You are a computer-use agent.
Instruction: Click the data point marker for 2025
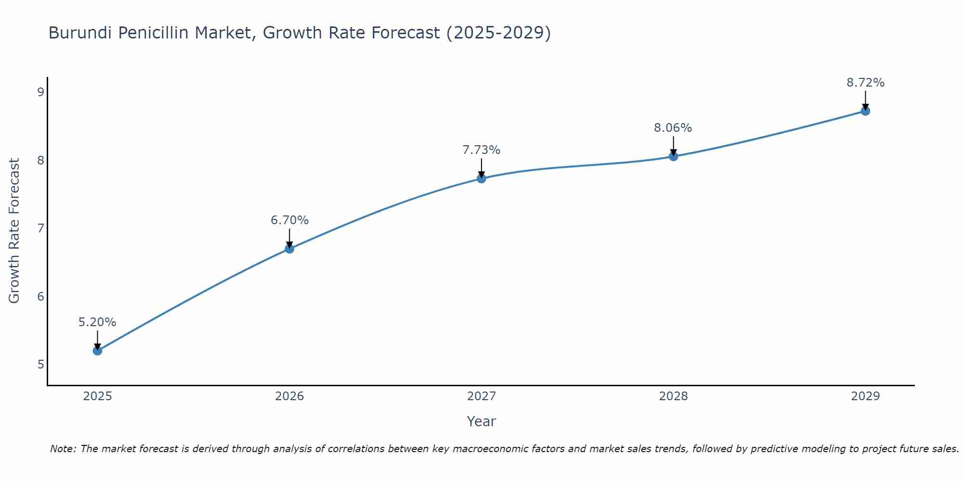pos(97,351)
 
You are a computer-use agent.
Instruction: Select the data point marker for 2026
pos(289,249)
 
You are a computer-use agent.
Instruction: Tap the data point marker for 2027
pos(481,178)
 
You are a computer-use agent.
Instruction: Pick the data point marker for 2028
pos(673,156)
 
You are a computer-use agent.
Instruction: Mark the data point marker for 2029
pos(865,111)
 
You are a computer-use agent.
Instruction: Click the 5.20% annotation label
pos(97,322)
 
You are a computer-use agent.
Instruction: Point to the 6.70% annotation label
pos(289,220)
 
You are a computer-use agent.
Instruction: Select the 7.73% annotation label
pos(481,150)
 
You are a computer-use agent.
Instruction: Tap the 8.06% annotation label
pos(673,128)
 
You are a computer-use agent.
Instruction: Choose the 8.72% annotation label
pos(865,83)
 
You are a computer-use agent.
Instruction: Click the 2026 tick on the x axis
pos(289,396)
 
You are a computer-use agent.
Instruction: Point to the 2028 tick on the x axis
pos(673,396)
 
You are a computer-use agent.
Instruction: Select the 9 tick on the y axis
pos(40,92)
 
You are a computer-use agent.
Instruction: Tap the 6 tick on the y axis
pos(40,296)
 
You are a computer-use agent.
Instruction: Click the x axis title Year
pos(481,421)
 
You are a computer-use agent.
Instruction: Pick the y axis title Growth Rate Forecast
pos(14,231)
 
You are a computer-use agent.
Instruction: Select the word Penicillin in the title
pos(153,33)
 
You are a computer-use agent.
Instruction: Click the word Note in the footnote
pos(63,449)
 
